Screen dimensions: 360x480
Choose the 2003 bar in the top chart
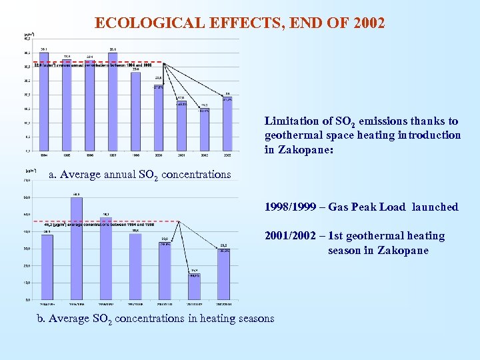click(227, 123)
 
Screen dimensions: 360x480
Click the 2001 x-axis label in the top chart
click(181, 154)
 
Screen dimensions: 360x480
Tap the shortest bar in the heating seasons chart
click(194, 287)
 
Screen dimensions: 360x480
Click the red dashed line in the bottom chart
click(100, 221)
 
